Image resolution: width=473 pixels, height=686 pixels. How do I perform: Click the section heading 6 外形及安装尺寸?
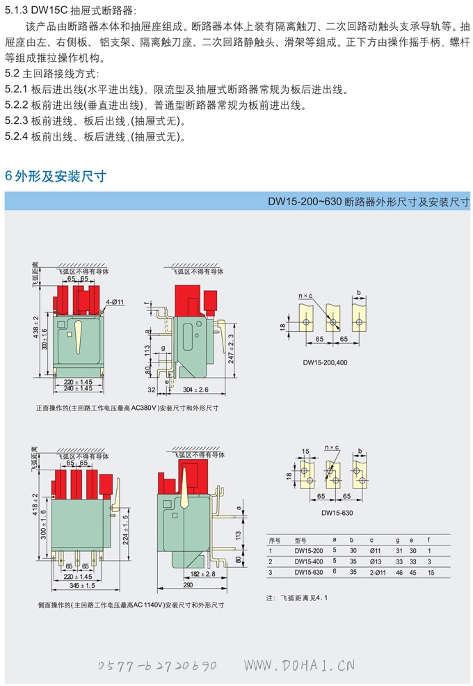coord(56,176)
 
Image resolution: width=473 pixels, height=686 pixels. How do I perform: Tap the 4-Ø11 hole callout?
coord(115,302)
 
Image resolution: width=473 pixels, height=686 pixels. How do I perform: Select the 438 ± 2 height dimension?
coord(36,327)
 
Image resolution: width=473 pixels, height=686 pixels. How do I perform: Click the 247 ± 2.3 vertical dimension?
coord(231,349)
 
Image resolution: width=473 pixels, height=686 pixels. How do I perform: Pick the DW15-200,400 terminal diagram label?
coord(325,362)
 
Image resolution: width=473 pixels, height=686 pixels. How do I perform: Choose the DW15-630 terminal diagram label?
coord(337,513)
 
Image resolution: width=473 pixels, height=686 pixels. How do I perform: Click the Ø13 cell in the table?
coord(376,561)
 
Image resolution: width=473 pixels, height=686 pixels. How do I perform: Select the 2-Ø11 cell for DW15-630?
coord(378,573)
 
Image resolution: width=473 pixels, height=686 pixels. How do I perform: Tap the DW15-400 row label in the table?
coord(309,561)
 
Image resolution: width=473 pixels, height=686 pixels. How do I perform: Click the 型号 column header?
coord(300,541)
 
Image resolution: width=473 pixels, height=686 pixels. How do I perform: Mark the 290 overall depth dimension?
coord(188,585)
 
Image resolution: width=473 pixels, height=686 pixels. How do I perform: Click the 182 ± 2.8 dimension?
coord(202,574)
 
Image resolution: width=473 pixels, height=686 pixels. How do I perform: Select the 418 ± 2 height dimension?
coord(36,504)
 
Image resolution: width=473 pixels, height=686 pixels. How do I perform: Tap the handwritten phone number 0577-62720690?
coord(157,666)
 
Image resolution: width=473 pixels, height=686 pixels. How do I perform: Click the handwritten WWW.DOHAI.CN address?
coord(299,665)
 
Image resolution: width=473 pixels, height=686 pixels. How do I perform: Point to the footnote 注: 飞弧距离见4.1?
coord(296,598)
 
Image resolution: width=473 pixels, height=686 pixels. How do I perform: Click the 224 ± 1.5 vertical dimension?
coord(125,530)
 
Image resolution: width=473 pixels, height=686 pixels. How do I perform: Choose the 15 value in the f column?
coord(431,573)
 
